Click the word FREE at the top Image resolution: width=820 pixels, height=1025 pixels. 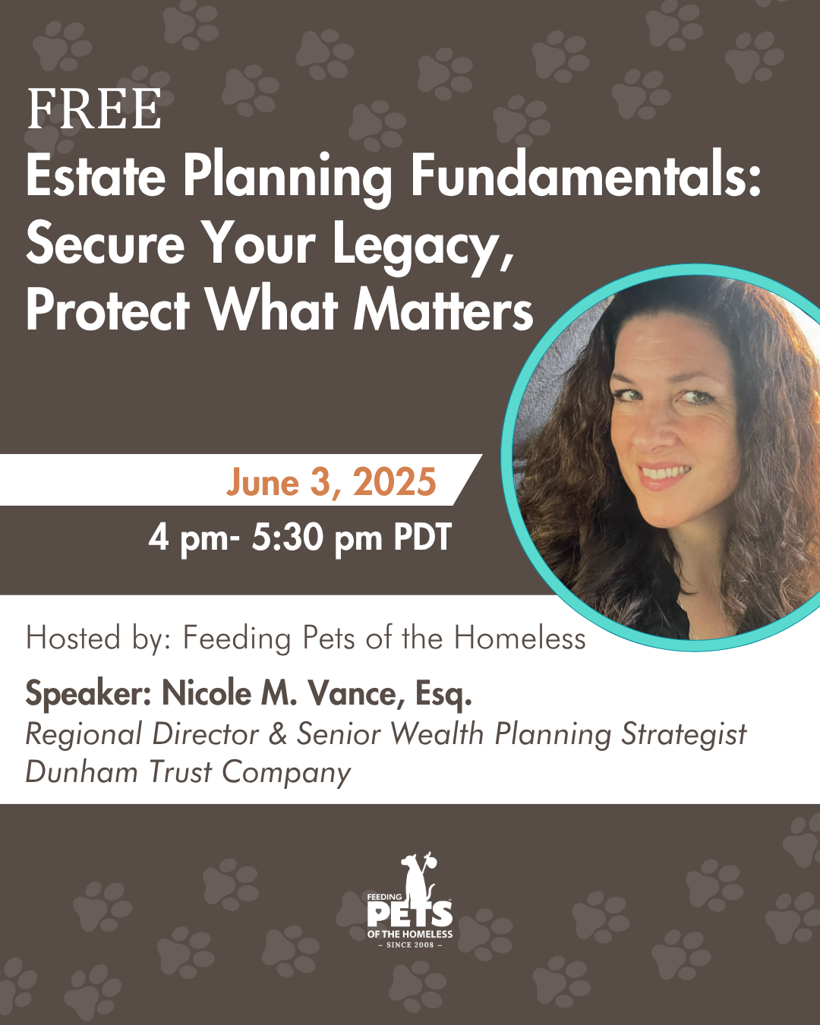coord(94,109)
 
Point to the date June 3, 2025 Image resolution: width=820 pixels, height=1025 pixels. coord(331,482)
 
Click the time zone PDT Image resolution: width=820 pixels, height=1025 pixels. coord(422,537)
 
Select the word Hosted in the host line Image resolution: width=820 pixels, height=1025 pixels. coord(74,638)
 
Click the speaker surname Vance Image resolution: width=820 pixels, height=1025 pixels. coord(356,693)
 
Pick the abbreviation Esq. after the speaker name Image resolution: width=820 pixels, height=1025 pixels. coord(443,695)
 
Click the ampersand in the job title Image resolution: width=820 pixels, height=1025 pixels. coord(278,734)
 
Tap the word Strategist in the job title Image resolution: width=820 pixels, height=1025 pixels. coord(683,735)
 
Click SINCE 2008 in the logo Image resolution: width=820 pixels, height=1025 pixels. coord(410,945)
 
